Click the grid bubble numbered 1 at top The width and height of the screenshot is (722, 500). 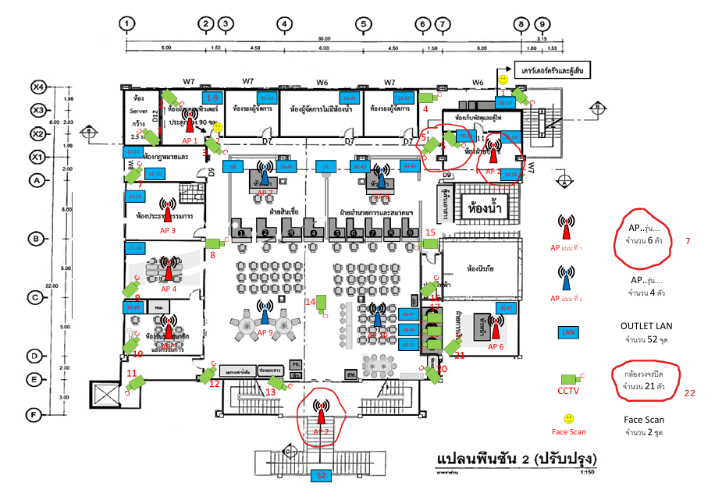pos(127,24)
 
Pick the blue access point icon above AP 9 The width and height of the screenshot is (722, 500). pos(265,312)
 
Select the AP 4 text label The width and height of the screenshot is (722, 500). pos(169,289)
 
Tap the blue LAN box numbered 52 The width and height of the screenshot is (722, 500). pos(320,474)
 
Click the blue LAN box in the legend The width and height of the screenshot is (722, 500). pos(567,332)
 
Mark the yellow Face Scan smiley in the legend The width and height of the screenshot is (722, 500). pos(569,419)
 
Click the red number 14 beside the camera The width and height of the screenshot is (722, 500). pos(310,301)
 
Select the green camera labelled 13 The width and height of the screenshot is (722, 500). pos(276,382)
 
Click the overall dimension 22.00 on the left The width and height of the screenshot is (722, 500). pos(52,286)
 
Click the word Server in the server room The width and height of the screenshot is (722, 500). pos(139,112)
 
